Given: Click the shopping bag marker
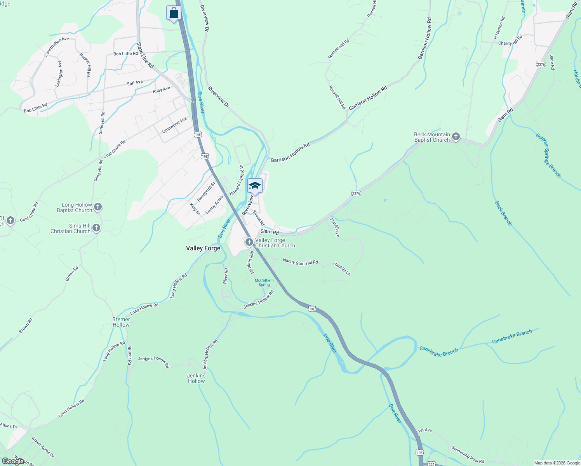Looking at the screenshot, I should (x=174, y=13).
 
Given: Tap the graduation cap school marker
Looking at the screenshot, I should (x=255, y=186).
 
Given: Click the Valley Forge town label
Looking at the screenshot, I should (x=203, y=248).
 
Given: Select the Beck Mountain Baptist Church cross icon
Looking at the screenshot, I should (x=456, y=137).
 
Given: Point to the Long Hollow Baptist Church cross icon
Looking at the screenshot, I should (x=98, y=207).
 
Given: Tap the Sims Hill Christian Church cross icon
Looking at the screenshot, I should (x=96, y=228).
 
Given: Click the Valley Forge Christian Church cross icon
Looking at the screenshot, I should (x=249, y=242).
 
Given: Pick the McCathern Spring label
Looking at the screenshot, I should (x=264, y=282).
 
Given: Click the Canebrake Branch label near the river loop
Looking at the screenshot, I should (x=439, y=351).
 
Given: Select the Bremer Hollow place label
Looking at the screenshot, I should (x=121, y=322).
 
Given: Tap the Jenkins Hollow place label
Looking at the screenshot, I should (x=196, y=378).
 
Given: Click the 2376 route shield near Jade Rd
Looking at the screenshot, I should (x=541, y=64).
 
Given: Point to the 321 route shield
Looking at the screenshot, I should (x=431, y=464).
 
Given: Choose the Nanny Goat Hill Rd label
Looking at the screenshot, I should (x=301, y=262).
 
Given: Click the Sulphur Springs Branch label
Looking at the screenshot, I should (x=548, y=155).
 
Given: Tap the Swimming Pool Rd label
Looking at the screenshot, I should (x=468, y=454).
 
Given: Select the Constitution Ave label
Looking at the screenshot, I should (x=56, y=47).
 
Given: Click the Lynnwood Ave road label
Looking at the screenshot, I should (x=174, y=125).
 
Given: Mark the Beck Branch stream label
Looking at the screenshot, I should (x=503, y=213).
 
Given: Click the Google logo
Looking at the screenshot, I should (x=13, y=461).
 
